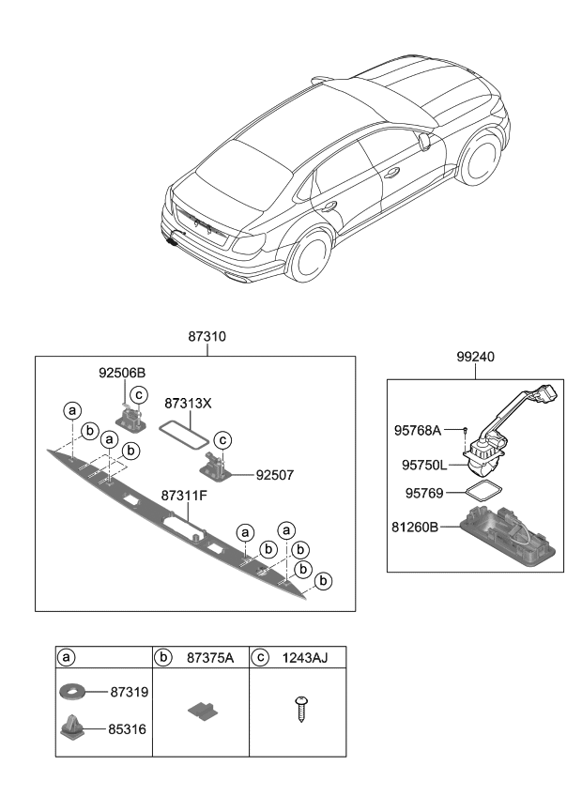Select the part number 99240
474,357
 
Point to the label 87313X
188,403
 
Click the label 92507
274,476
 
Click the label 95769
423,493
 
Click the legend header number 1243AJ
301,657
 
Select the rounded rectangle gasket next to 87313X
184,431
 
